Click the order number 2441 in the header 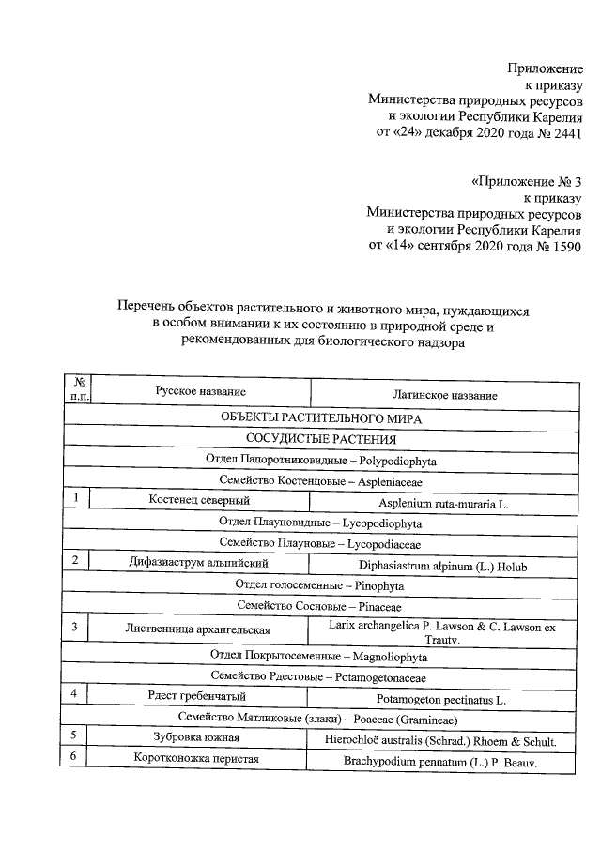pyautogui.click(x=565, y=133)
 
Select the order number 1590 pyautogui.click(x=565, y=246)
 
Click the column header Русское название pyautogui.click(x=201, y=390)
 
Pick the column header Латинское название pyautogui.click(x=444, y=395)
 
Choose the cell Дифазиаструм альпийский pyautogui.click(x=199, y=563)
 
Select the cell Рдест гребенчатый pyautogui.click(x=197, y=695)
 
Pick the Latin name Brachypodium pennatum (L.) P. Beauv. pyautogui.click(x=439, y=764)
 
